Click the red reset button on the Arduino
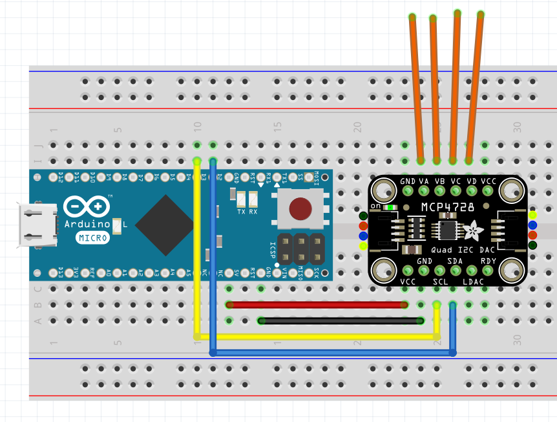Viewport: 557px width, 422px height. tap(300, 208)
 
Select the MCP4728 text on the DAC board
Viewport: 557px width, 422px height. tap(447, 206)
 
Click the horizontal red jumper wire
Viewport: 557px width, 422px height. tap(317, 305)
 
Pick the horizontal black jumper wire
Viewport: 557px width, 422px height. tap(341, 320)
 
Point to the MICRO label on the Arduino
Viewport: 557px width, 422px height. tap(93, 237)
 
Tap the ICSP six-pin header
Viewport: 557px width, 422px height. tap(300, 247)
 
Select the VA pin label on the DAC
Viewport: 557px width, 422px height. tap(424, 181)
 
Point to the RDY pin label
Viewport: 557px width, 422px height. tap(488, 261)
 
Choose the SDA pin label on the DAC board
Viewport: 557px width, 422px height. tap(456, 261)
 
